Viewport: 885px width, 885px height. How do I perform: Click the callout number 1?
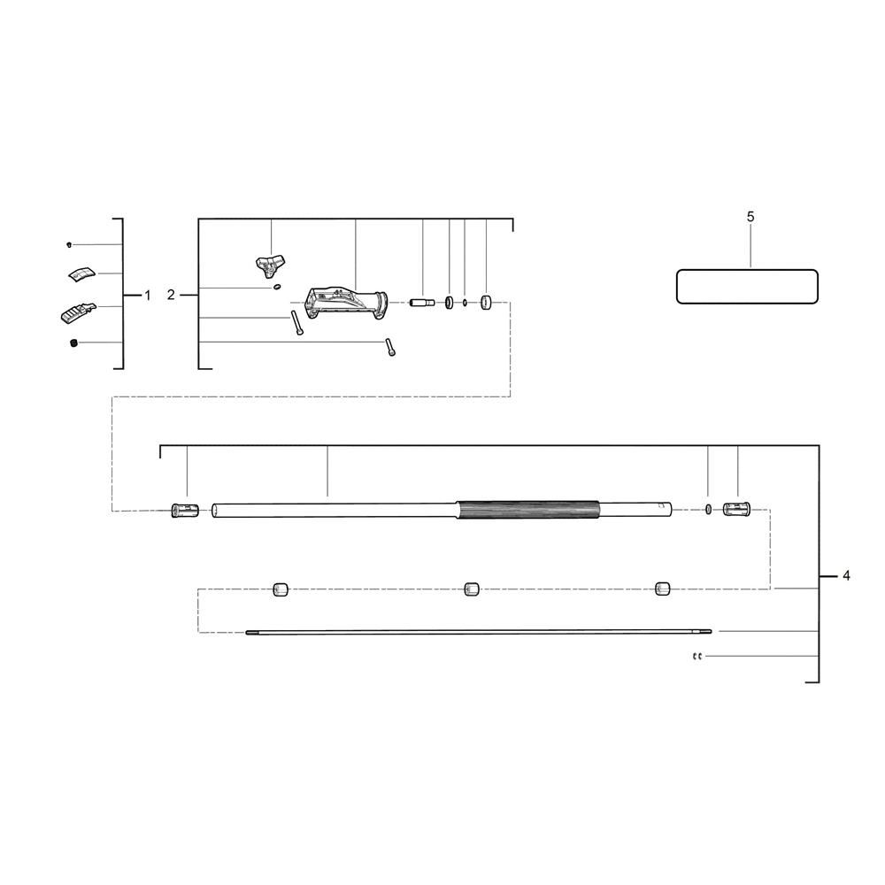click(x=148, y=295)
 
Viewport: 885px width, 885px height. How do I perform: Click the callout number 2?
click(x=171, y=295)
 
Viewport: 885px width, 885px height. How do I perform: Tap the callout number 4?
click(x=846, y=576)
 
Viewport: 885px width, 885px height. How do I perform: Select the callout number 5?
click(x=750, y=217)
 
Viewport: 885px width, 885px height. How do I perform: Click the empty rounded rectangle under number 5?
click(x=747, y=287)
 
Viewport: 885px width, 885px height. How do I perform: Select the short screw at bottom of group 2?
click(x=389, y=348)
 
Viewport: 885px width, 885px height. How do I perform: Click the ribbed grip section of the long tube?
click(x=528, y=511)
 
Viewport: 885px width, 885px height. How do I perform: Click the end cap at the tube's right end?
click(x=736, y=510)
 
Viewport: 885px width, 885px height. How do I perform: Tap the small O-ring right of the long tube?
click(x=709, y=509)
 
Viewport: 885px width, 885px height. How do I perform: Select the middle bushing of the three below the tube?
click(x=472, y=589)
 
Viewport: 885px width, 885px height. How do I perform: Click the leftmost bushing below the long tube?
click(x=281, y=589)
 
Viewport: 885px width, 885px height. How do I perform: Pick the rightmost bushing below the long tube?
click(x=662, y=589)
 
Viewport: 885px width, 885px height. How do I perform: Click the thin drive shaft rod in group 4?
click(x=478, y=632)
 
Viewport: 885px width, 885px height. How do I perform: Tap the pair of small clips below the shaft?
click(x=696, y=657)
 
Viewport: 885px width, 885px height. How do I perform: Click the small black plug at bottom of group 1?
click(x=73, y=343)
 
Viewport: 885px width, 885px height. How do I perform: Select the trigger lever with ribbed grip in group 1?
click(x=78, y=312)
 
